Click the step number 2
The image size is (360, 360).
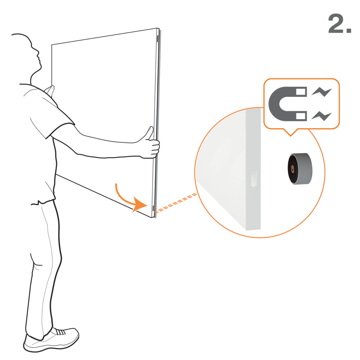click(x=339, y=24)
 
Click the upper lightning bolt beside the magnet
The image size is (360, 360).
click(x=321, y=92)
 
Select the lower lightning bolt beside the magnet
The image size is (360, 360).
click(x=321, y=116)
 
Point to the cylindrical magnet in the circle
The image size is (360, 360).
click(x=300, y=169)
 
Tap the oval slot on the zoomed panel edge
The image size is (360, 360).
click(x=253, y=178)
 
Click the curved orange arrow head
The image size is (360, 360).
click(x=139, y=204)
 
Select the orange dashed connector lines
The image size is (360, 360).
click(x=176, y=203)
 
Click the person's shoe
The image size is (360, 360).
click(x=51, y=339)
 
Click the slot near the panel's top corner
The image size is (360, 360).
click(x=158, y=39)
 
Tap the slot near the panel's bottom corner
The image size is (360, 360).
click(x=153, y=208)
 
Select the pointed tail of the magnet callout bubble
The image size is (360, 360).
click(x=291, y=133)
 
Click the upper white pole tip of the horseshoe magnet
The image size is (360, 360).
click(x=301, y=92)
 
